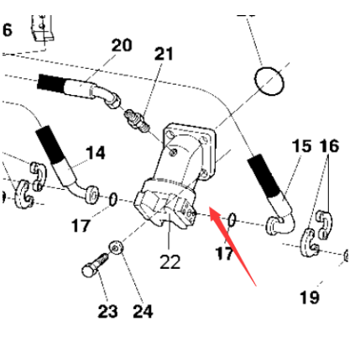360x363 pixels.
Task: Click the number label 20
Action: [122, 45]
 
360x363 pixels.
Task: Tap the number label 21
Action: [164, 54]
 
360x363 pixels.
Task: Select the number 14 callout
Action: [97, 153]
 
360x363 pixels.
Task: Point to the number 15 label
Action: [301, 146]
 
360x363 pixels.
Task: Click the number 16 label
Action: [329, 146]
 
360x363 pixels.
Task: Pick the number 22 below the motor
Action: [170, 262]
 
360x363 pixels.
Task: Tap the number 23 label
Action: [107, 312]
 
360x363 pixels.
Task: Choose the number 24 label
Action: [143, 312]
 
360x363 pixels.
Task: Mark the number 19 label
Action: [309, 297]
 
